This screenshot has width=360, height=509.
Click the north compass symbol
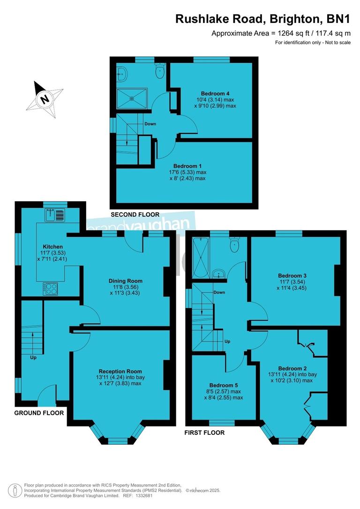45,99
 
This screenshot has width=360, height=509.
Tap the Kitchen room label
52,247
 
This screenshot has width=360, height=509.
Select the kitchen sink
55,215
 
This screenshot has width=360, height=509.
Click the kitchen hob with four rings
51,288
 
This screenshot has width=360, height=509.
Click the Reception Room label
120,371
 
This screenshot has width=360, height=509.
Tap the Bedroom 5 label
225,386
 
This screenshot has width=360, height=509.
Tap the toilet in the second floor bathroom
160,72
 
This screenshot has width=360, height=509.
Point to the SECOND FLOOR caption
135,214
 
